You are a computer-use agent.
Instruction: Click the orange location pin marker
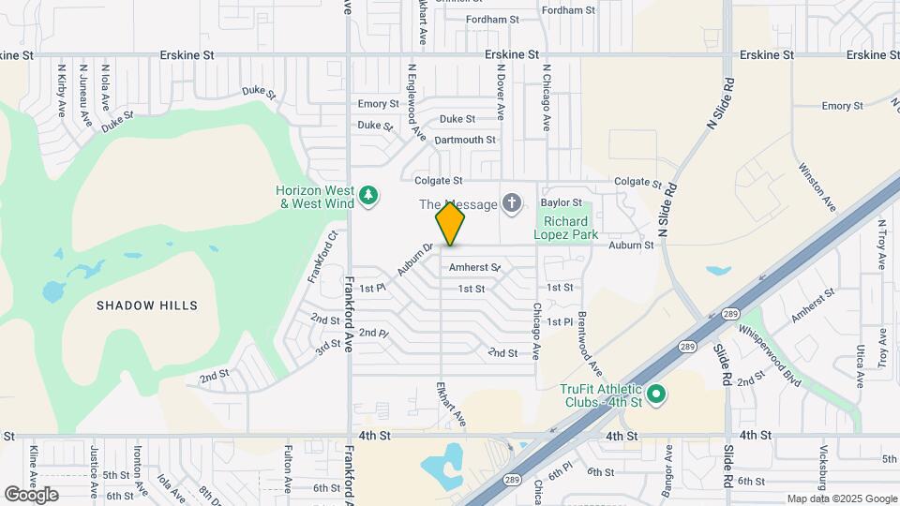(x=450, y=223)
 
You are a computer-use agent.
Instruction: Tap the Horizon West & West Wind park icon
(x=369, y=195)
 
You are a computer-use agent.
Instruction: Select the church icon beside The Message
(x=512, y=202)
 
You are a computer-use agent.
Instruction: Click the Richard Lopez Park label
(x=565, y=228)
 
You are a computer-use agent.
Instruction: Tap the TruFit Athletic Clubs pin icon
(x=656, y=394)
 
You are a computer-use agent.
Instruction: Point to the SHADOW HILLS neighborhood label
(x=148, y=305)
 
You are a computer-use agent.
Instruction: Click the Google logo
(x=31, y=495)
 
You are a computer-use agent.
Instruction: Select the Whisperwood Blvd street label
(x=771, y=353)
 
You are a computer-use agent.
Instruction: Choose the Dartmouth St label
(x=465, y=140)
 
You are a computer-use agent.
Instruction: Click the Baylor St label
(x=562, y=202)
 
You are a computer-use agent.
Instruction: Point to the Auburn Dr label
(x=414, y=260)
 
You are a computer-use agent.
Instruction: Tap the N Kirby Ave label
(x=62, y=90)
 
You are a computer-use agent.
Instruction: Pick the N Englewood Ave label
(x=415, y=103)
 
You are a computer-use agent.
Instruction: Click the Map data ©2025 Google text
(x=841, y=499)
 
